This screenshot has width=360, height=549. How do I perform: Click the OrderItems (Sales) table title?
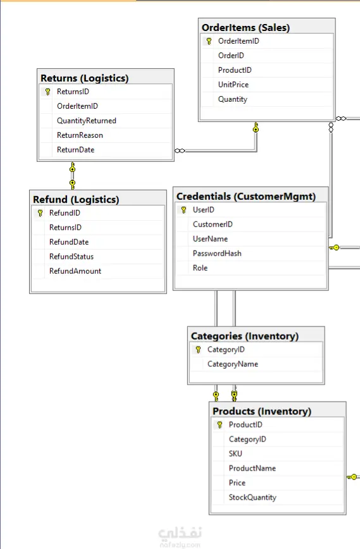(x=245, y=28)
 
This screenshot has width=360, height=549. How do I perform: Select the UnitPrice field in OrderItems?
(x=233, y=85)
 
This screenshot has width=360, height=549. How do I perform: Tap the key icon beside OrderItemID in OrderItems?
(x=209, y=41)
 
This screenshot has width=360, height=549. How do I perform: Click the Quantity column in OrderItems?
(x=233, y=99)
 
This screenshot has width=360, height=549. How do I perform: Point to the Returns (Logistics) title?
(x=84, y=78)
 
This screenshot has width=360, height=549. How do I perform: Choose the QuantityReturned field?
(x=87, y=121)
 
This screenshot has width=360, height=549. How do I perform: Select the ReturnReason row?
(x=80, y=135)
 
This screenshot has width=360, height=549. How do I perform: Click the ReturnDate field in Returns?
(x=76, y=150)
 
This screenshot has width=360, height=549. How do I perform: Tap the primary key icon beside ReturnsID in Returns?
(x=48, y=92)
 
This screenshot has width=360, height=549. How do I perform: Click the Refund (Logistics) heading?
(x=76, y=200)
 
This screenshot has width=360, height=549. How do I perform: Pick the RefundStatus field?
(x=71, y=257)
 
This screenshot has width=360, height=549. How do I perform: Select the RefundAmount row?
(x=75, y=271)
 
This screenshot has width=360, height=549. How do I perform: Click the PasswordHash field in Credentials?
(x=217, y=254)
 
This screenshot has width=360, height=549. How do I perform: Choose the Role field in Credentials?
(x=201, y=268)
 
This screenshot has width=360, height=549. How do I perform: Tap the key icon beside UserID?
(x=184, y=210)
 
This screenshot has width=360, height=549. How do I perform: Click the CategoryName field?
(x=233, y=364)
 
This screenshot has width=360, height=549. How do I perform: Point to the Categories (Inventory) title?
(x=244, y=336)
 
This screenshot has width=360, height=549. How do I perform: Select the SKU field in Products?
(x=235, y=453)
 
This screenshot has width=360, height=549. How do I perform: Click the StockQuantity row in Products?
(x=252, y=498)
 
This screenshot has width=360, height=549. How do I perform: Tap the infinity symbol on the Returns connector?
(x=180, y=151)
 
